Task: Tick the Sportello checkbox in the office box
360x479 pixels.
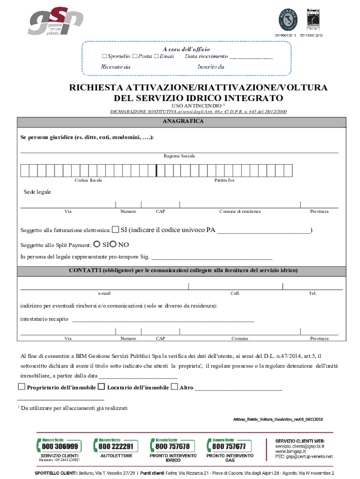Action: click(x=104, y=56)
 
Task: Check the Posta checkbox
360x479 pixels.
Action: click(x=135, y=56)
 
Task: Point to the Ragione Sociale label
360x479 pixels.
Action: click(x=180, y=156)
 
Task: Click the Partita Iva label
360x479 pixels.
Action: click(x=224, y=181)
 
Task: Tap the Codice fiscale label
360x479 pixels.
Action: click(x=88, y=181)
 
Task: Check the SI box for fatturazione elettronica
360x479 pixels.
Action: click(x=115, y=230)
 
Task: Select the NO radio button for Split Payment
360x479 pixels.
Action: click(x=114, y=244)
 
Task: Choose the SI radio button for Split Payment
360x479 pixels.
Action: click(x=97, y=244)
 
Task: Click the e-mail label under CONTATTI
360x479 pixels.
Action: click(x=104, y=293)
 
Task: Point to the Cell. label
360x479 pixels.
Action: click(x=235, y=293)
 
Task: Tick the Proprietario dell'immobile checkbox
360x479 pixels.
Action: click(x=21, y=387)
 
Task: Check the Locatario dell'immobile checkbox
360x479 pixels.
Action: click(x=101, y=387)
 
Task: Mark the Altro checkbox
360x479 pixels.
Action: click(x=174, y=387)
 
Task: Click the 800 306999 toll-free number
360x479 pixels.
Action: click(x=59, y=446)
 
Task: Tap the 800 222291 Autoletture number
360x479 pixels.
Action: click(x=116, y=446)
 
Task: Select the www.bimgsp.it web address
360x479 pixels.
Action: click(x=290, y=451)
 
